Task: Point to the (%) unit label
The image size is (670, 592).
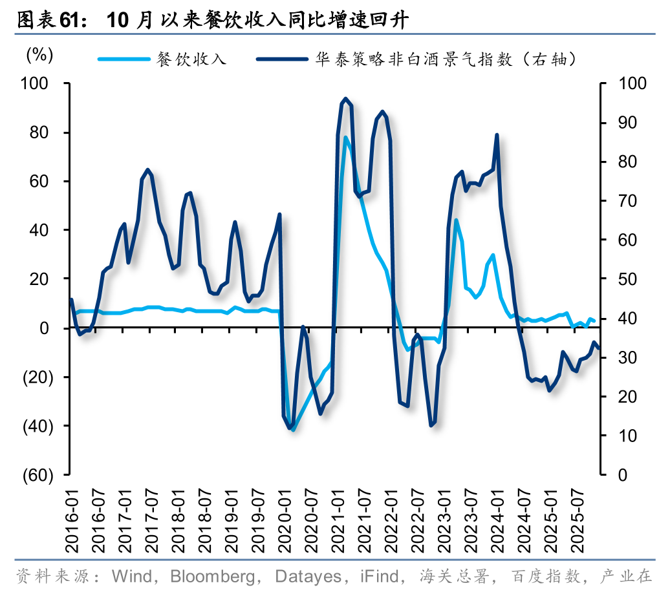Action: pyautogui.click(x=39, y=56)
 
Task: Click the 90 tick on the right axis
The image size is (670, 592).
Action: pyautogui.click(x=629, y=123)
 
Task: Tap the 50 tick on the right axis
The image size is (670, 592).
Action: pyautogui.click(x=629, y=279)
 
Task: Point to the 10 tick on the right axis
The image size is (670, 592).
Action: pyautogui.click(x=629, y=436)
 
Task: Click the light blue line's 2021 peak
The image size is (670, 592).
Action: pyautogui.click(x=346, y=137)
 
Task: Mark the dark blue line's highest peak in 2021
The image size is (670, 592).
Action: pyautogui.click(x=345, y=99)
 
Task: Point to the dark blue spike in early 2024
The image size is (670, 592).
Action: pyautogui.click(x=497, y=135)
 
